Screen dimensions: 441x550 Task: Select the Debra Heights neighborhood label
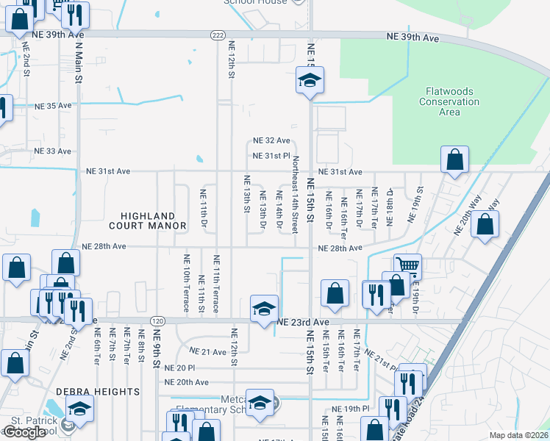point(97,391)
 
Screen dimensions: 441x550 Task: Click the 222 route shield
point(217,35)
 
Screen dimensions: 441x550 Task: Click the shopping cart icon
point(407,265)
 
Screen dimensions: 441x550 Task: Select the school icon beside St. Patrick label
point(79,409)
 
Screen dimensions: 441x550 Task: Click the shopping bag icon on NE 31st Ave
point(455,160)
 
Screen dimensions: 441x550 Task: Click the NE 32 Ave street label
point(271,140)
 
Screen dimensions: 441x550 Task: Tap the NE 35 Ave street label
point(53,106)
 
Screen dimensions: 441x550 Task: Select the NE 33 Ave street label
point(53,151)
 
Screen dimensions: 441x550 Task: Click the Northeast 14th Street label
point(296,195)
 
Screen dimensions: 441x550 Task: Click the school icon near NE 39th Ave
point(310,81)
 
